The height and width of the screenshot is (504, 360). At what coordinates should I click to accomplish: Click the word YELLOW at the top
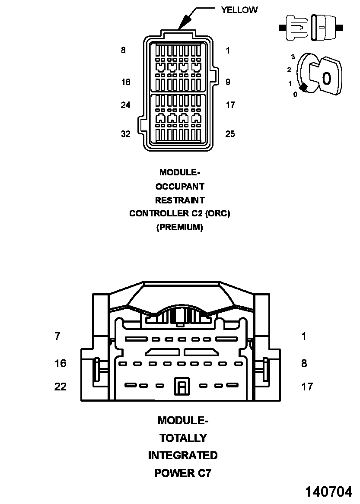click(x=239, y=10)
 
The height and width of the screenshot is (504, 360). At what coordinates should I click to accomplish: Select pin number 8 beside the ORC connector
click(x=123, y=50)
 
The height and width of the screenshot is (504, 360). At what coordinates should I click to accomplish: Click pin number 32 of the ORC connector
click(x=126, y=134)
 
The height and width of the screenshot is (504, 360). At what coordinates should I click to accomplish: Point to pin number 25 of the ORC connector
click(x=230, y=134)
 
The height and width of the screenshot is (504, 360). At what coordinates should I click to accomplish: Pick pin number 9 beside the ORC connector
click(x=228, y=82)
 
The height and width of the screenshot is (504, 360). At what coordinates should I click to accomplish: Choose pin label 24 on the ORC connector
click(x=126, y=105)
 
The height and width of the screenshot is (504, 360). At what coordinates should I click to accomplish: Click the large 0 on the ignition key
click(x=326, y=78)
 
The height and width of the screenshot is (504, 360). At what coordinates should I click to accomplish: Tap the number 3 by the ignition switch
click(x=293, y=57)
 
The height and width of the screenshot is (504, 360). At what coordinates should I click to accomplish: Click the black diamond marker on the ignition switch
click(x=304, y=87)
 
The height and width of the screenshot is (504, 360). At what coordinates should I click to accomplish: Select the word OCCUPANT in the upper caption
click(x=180, y=187)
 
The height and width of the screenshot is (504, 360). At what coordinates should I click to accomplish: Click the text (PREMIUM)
click(x=180, y=227)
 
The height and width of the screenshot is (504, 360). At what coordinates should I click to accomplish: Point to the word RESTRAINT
click(x=180, y=200)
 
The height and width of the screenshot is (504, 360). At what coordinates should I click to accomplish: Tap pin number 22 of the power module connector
click(x=61, y=387)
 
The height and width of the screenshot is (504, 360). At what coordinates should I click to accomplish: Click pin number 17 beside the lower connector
click(x=307, y=387)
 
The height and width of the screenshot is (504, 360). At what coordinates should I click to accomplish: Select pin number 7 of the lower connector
click(x=57, y=336)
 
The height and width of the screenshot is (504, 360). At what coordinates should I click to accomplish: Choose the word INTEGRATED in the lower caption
click(x=183, y=456)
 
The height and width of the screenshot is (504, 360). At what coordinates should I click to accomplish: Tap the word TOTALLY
click(x=183, y=438)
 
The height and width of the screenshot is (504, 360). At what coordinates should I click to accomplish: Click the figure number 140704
click(x=329, y=492)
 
